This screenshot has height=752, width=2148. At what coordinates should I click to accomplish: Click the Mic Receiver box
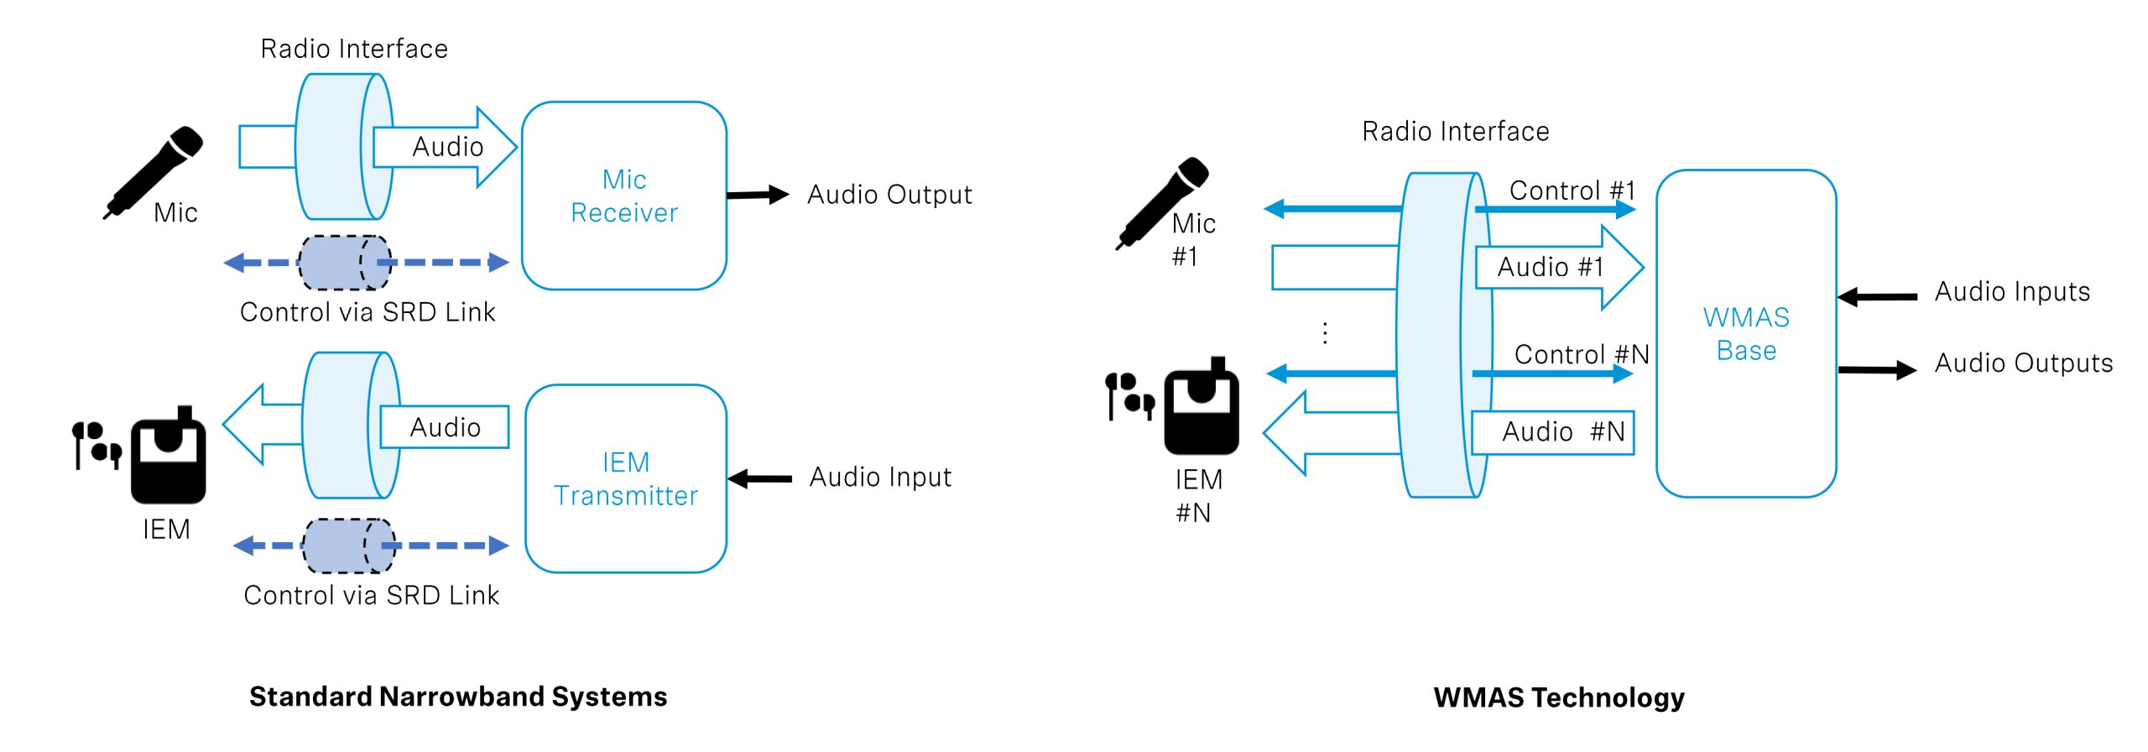click(623, 196)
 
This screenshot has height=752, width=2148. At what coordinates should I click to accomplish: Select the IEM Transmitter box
click(625, 478)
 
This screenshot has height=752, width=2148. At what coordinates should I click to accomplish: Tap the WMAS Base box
click(1745, 333)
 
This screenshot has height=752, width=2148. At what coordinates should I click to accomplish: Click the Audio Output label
click(889, 195)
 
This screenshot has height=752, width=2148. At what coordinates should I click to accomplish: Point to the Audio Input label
click(880, 478)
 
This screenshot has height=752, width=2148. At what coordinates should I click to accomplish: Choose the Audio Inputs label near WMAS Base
click(2011, 292)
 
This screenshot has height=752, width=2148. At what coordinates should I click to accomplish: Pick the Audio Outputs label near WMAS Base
click(2023, 363)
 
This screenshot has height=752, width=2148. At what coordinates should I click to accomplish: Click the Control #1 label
click(1572, 191)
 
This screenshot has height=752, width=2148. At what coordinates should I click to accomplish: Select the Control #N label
click(1581, 354)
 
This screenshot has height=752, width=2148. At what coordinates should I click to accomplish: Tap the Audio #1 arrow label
click(1551, 267)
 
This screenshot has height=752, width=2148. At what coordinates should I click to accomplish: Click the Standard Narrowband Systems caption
click(458, 697)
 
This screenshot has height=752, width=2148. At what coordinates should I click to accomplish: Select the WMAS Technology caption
click(1558, 697)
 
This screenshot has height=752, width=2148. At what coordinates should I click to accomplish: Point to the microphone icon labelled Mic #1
click(1162, 201)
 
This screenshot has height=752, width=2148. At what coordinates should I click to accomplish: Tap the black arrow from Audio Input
click(759, 479)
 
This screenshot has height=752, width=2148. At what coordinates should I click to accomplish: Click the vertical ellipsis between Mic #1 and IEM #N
click(1325, 333)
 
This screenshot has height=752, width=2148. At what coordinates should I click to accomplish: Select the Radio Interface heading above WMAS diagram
click(1455, 132)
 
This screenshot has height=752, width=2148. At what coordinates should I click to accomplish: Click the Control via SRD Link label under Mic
click(368, 312)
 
